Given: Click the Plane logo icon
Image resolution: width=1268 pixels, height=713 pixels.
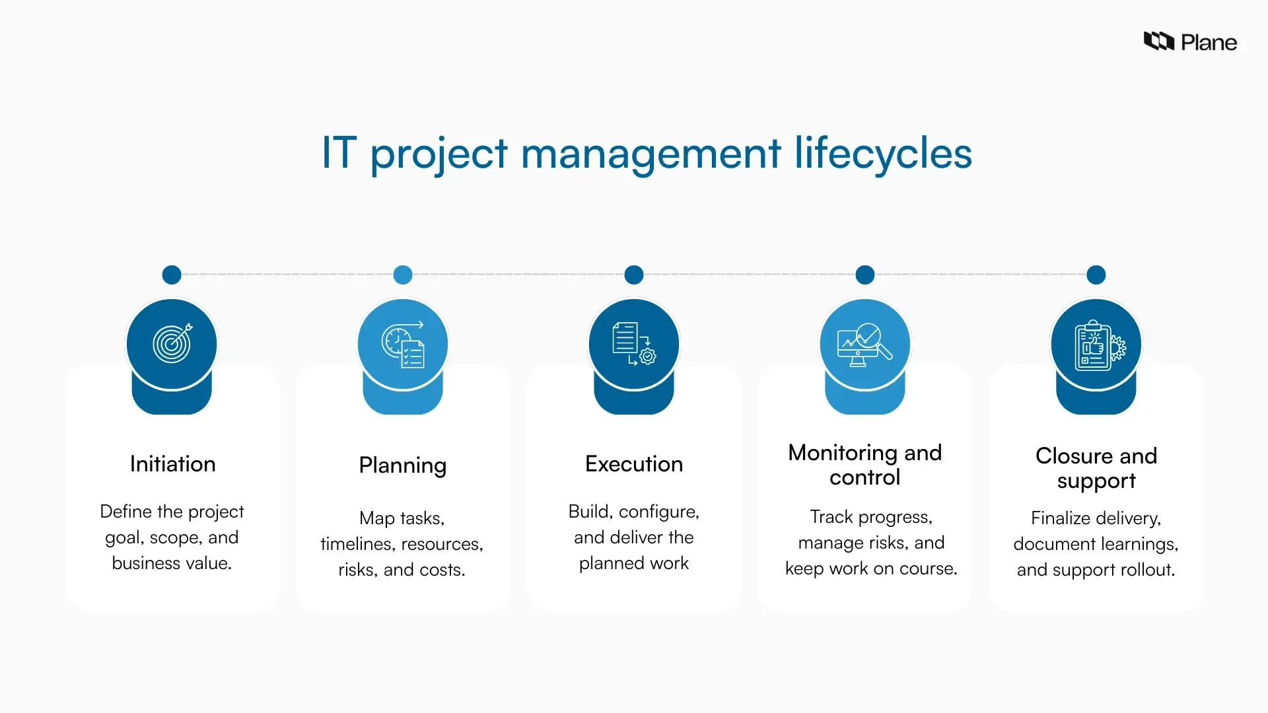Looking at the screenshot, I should (1158, 42).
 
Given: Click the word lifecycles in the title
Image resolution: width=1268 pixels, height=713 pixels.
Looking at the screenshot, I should (883, 154).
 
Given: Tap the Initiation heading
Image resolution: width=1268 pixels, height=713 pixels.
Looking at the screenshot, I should (172, 464).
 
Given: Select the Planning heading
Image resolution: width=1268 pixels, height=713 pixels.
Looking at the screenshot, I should (403, 465).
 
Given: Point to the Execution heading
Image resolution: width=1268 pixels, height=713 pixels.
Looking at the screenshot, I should (634, 464).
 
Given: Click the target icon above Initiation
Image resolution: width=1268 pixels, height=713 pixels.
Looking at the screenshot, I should (172, 343).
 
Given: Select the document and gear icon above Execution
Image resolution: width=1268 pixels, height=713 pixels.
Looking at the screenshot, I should (634, 343).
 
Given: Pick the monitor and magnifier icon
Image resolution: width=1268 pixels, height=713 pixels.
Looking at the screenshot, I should (864, 344).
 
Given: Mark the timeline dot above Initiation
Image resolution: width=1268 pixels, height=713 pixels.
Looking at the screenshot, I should (172, 275).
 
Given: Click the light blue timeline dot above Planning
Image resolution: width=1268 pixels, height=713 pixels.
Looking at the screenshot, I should (403, 275).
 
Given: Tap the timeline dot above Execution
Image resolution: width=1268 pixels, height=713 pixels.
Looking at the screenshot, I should (634, 275).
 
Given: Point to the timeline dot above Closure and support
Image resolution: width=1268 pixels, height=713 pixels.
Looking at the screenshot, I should (1096, 275).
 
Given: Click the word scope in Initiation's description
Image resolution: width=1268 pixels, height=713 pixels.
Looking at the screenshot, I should (176, 538).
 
